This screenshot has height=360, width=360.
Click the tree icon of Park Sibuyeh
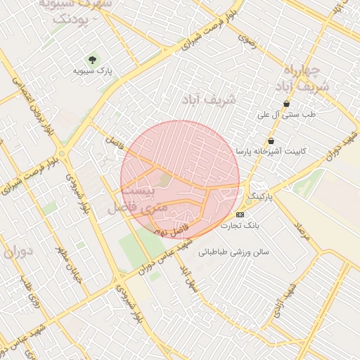[x=91, y=59]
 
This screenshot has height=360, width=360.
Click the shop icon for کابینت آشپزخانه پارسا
[x=271, y=141]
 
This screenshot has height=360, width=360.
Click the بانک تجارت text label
[x=240, y=226]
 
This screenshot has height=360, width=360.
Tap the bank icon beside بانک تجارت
[x=240, y=214]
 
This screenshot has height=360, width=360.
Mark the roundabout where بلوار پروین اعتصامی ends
[x=63, y=153]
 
